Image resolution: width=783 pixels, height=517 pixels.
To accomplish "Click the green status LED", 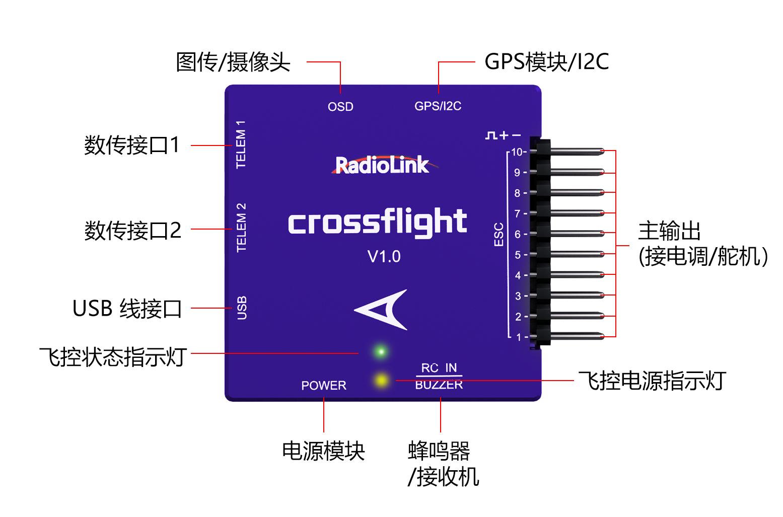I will pos(381,351).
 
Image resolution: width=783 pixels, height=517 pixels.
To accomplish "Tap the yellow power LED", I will pos(381,379).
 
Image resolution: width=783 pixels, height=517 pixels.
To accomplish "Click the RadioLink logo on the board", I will pos(382,165).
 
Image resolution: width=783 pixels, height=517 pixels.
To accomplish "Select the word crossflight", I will pos(377,223).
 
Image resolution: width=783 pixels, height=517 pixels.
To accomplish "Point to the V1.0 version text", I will pos(384,257).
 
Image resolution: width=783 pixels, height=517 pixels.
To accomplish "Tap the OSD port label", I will pos(340,107).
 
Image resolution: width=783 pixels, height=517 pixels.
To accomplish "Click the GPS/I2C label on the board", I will pos(438,106).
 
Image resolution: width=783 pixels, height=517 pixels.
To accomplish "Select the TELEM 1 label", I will pos(241,144).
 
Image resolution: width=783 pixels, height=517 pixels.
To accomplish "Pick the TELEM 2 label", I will pos(241,228).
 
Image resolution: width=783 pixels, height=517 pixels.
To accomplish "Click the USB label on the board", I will pos(242,308).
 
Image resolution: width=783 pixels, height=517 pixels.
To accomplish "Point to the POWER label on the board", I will pos(324,386).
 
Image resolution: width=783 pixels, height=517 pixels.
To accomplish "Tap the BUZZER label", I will pos(439,385).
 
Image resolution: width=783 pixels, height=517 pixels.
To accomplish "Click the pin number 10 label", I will pos(517,152).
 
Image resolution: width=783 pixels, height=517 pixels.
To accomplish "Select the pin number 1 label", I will pos(519,337).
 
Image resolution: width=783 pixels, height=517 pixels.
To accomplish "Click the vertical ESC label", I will pos(499,235).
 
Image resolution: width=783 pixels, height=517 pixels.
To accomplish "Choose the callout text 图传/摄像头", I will pos(233,62).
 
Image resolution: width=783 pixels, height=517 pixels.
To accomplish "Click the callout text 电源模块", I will pos(323,451).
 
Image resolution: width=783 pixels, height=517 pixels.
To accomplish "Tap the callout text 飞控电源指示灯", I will pos(652,381).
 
